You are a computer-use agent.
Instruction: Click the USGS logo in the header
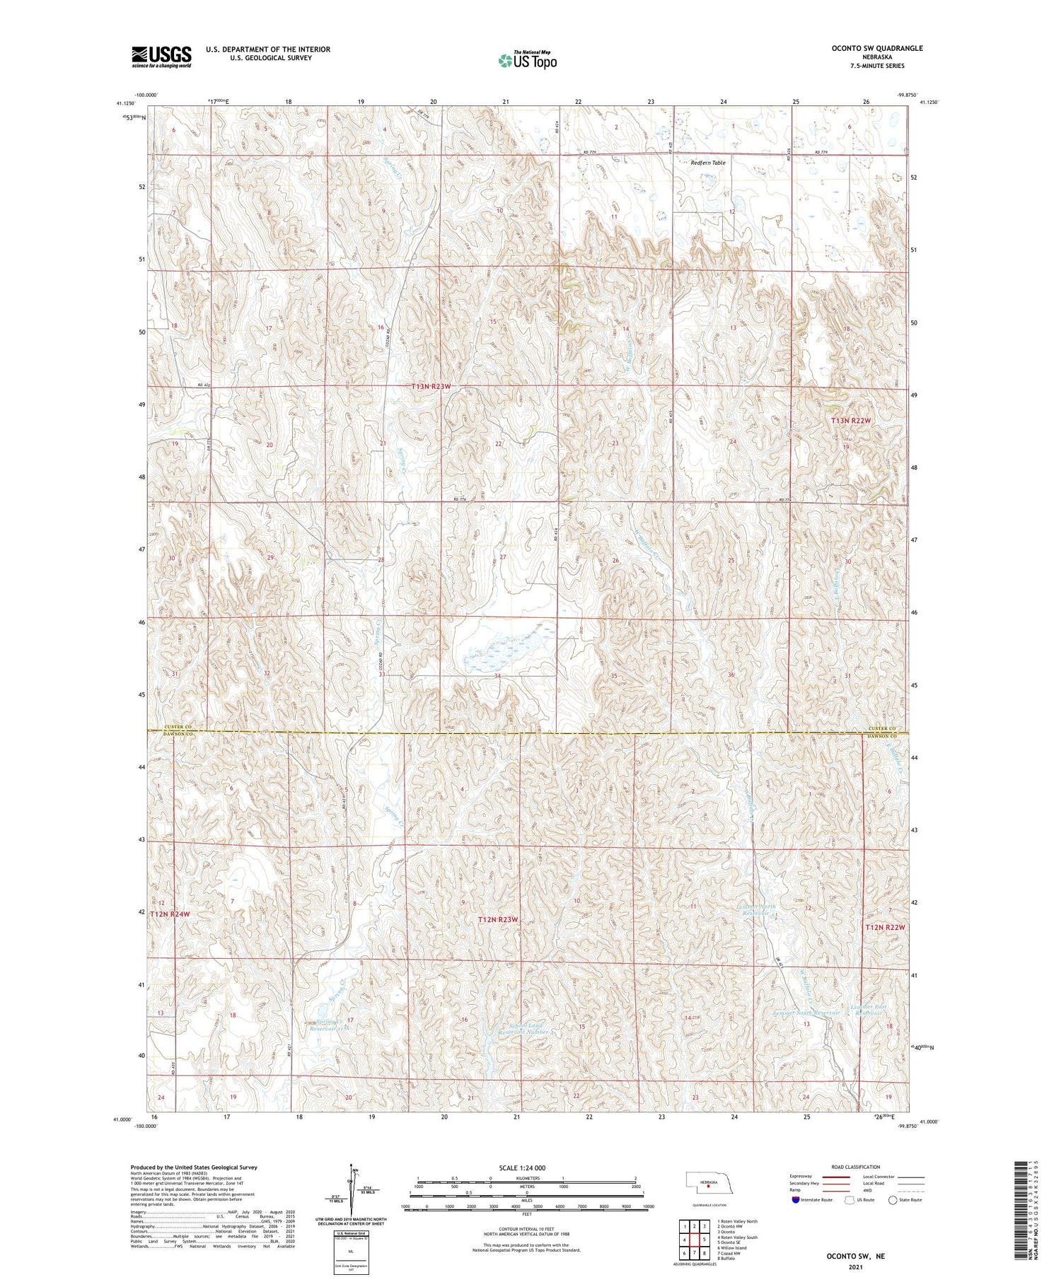pos(161,57)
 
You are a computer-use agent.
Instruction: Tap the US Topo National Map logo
pos(527,60)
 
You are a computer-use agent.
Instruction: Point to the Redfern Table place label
pos(707,163)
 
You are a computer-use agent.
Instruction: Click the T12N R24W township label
pos(170,914)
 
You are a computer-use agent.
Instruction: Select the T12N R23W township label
pos(498,919)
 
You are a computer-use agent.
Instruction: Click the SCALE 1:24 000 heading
pos(523,1167)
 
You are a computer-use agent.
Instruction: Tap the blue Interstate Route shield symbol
pos(795,1200)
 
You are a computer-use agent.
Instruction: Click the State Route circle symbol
pos(893,1200)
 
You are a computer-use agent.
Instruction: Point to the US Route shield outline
pos(850,1200)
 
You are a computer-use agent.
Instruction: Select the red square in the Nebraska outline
pos(709,1187)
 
